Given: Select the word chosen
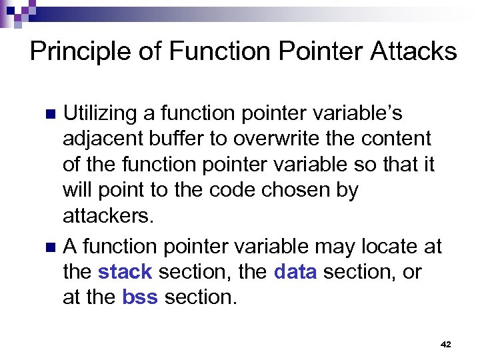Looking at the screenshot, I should coord(291,191).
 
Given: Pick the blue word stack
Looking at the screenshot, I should coord(125,273).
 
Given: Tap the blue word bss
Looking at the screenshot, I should coord(140,298).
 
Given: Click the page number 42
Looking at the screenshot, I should coord(446,345).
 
